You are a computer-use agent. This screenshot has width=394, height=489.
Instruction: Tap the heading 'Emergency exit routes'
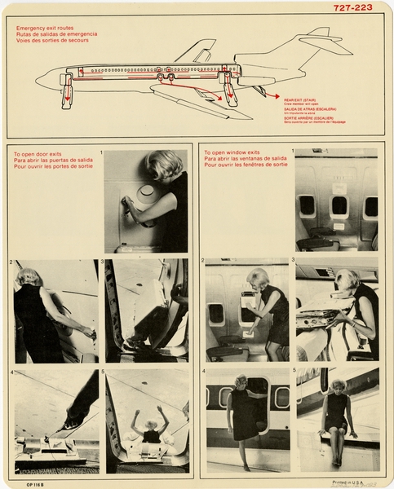(x=50, y=28)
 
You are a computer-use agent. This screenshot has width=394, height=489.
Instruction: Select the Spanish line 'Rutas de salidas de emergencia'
(x=56, y=34)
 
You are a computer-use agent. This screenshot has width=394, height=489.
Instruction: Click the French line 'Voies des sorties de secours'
(x=53, y=41)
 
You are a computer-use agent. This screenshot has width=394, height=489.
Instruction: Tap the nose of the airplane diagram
(x=39, y=79)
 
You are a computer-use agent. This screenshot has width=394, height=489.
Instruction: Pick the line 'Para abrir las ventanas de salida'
(x=245, y=157)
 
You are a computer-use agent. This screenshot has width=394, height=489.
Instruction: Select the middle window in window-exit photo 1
(x=339, y=205)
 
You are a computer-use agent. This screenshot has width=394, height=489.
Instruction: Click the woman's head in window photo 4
(x=241, y=381)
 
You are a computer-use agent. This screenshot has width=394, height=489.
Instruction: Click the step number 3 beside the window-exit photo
(x=292, y=261)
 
